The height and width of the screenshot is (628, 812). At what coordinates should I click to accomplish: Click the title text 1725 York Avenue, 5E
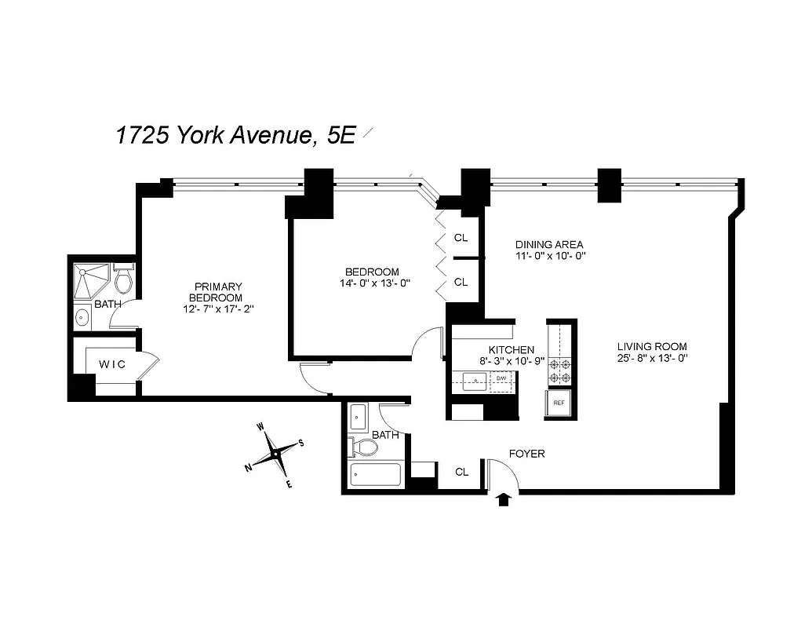pos(236,135)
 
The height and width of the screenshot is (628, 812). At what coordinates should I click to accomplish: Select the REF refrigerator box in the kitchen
pos(559,403)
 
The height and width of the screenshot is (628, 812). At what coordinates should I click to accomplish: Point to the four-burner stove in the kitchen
pos(560,371)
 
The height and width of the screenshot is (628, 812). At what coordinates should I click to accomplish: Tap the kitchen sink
pos(475,382)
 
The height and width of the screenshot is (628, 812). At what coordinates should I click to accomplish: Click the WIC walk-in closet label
pos(111,364)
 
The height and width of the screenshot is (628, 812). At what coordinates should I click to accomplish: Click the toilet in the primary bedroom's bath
pos(124,279)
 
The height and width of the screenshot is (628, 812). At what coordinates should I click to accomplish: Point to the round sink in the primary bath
pos(82,318)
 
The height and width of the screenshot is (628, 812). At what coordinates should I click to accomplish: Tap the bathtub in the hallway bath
pos(375,475)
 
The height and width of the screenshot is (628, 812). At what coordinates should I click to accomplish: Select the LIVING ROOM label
pos(652,346)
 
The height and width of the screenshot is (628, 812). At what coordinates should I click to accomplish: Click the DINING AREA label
pos(549,244)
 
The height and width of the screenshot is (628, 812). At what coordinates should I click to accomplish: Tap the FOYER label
pos(526,454)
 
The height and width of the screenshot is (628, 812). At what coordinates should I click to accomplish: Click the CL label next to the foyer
pos(462,472)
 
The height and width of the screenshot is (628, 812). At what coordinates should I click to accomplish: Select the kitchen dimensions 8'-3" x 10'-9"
pos(512,361)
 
